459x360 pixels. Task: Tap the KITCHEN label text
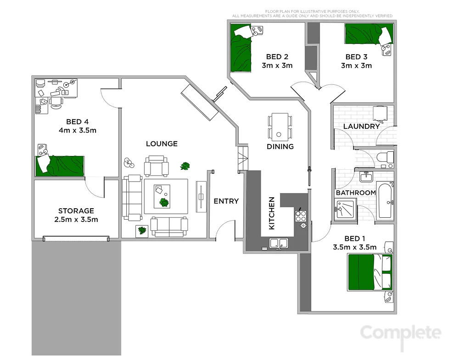click(271, 213)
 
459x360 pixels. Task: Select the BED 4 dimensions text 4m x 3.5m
click(77, 130)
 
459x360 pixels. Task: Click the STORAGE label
click(76, 211)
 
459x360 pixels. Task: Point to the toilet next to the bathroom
click(385, 159)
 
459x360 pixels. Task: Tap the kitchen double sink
click(279, 243)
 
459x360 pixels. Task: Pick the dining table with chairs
click(280, 127)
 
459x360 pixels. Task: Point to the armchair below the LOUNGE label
click(156, 166)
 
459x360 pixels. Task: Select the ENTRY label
click(226, 201)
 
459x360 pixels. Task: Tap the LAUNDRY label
click(361, 126)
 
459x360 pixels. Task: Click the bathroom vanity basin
click(365, 177)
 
